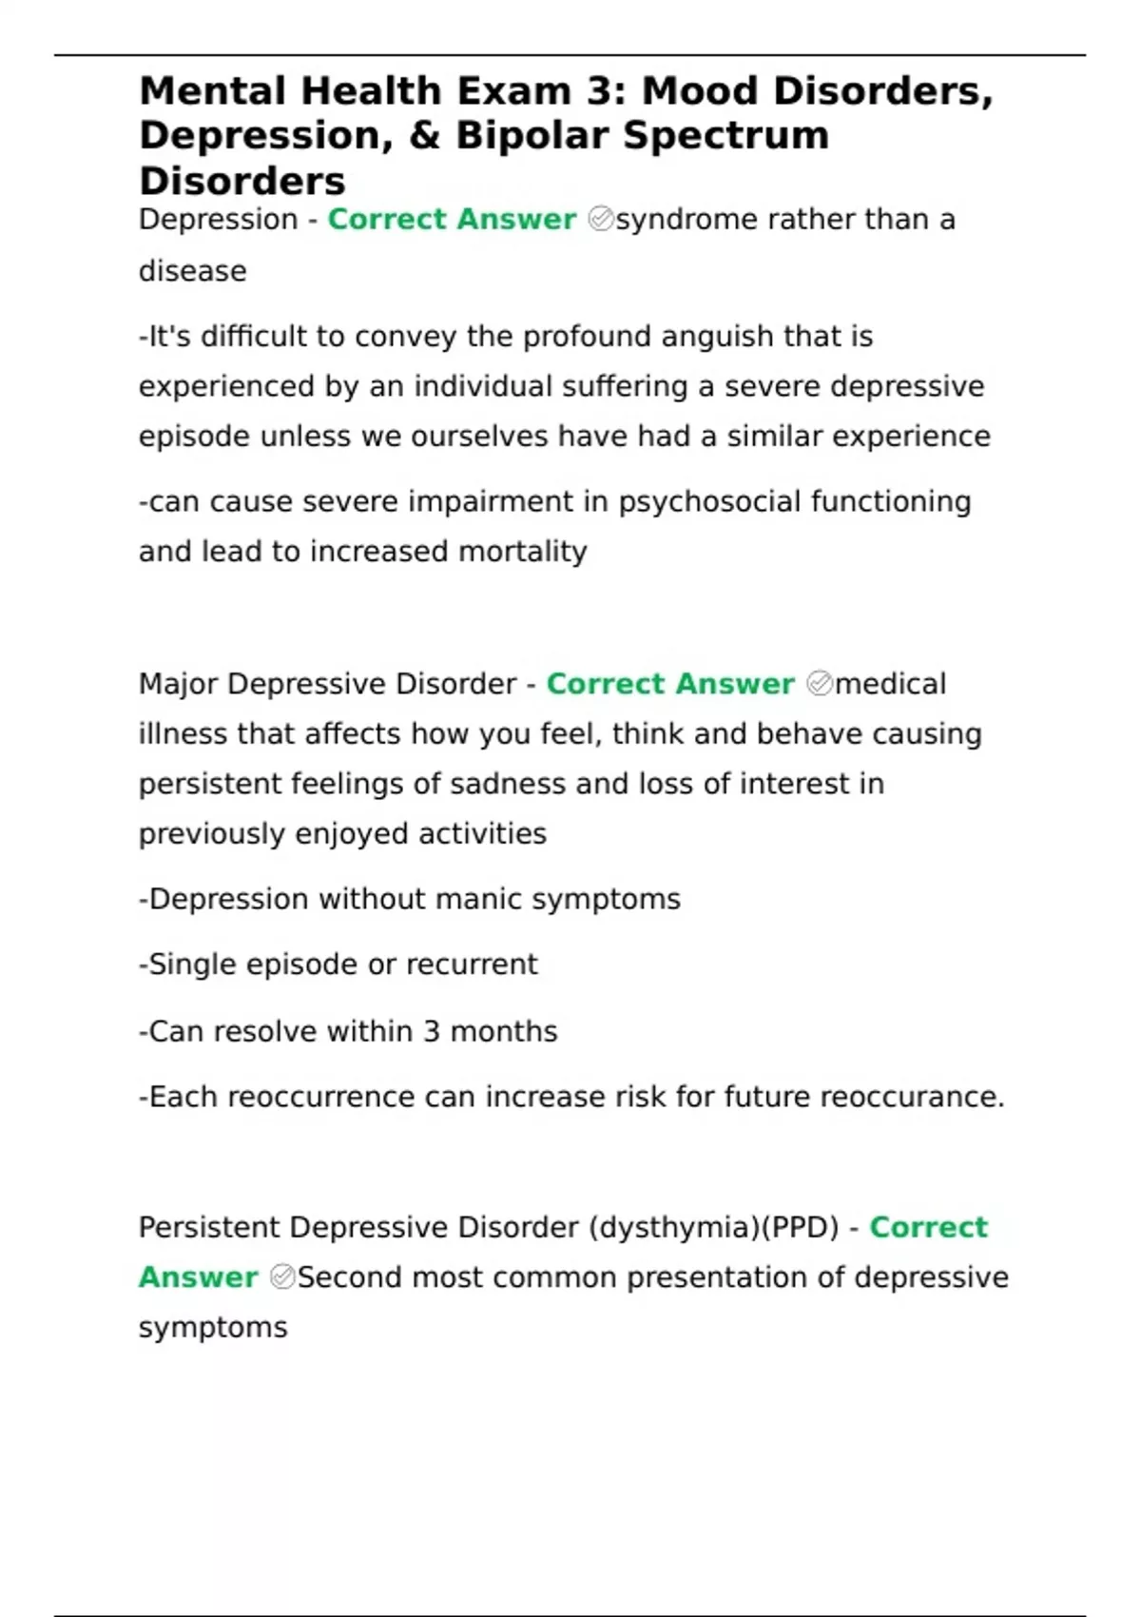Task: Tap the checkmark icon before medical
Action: tap(819, 684)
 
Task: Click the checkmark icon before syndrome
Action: tap(601, 220)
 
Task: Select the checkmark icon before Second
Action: tap(282, 1277)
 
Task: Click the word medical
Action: tap(890, 684)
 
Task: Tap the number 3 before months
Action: tap(432, 1032)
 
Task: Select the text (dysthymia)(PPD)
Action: tap(714, 1228)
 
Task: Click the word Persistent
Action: tap(209, 1228)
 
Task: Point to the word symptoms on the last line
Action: tap(213, 1328)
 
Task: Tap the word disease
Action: tap(193, 272)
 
